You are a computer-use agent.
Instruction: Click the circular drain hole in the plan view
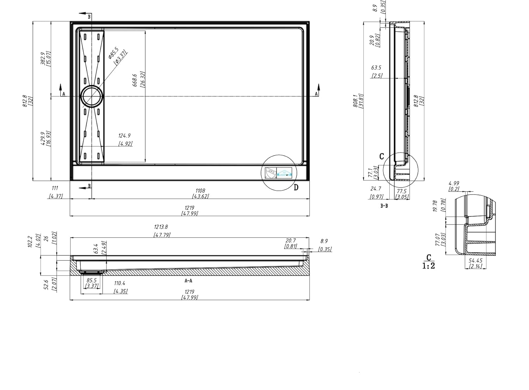(92, 96)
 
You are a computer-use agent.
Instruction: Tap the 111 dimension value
(55, 189)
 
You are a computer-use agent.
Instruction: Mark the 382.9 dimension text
(43, 58)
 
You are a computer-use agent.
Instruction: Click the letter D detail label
(296, 187)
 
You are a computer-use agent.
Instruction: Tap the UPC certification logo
(270, 172)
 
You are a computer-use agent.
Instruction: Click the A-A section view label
(188, 281)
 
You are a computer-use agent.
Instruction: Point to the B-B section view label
(384, 206)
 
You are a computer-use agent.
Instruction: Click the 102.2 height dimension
(30, 242)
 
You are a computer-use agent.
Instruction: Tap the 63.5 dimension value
(376, 68)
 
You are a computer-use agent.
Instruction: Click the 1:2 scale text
(428, 266)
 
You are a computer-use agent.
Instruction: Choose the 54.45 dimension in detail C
(476, 260)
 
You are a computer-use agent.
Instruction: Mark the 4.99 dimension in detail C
(454, 183)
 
